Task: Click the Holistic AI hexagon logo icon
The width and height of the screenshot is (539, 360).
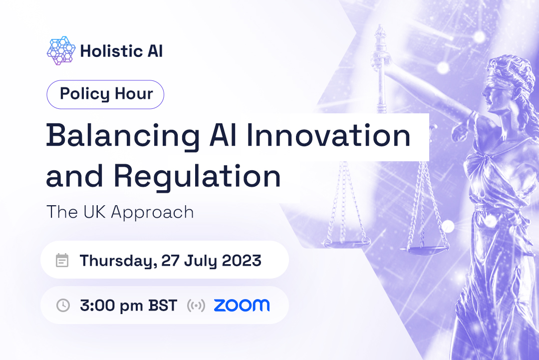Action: point(61,51)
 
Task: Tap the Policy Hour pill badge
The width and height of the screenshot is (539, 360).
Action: point(106,94)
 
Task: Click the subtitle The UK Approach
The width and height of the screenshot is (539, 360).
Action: point(120,212)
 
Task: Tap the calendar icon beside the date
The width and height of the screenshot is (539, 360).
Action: point(62,260)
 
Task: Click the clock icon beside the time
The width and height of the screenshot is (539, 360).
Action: point(63,305)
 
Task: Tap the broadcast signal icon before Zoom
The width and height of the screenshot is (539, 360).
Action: point(196,305)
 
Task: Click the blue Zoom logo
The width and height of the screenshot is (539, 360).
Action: point(242,305)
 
